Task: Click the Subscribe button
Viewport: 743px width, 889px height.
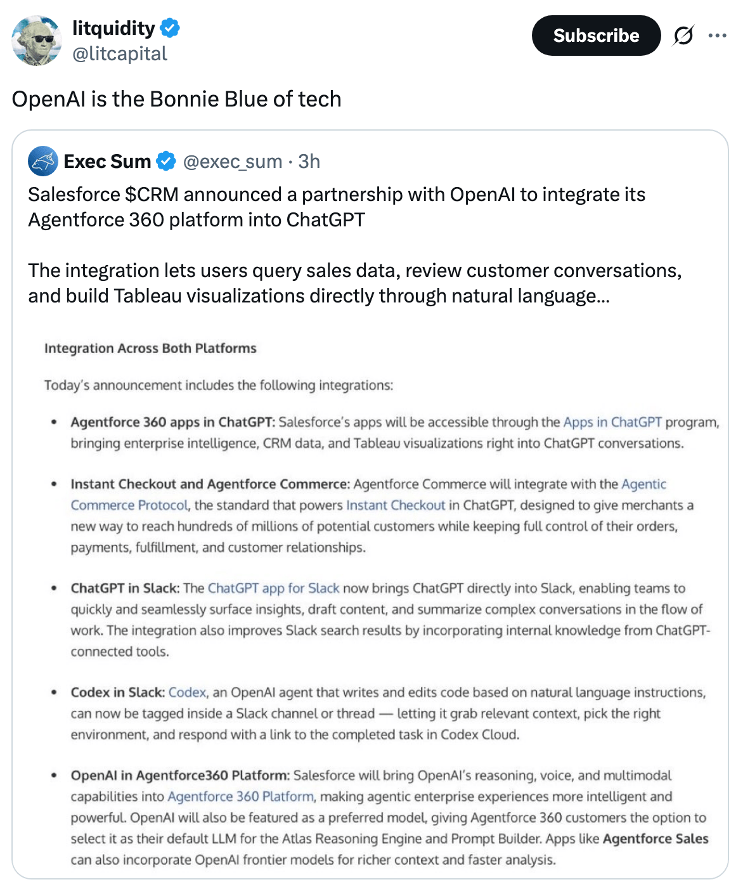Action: click(596, 36)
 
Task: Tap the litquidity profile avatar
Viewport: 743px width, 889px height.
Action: click(36, 41)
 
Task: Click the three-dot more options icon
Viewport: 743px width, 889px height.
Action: click(717, 36)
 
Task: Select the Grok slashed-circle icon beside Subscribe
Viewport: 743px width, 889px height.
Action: click(683, 36)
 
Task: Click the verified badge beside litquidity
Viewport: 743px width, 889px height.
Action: click(170, 28)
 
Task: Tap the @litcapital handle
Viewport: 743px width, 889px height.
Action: click(120, 54)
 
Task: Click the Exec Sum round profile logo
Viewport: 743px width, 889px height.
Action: click(43, 161)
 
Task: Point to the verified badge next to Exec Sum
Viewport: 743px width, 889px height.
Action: click(166, 162)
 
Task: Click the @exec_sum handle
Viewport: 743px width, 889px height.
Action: click(233, 162)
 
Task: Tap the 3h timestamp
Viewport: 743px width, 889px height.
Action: click(309, 162)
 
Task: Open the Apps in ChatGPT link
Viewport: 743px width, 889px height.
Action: click(612, 422)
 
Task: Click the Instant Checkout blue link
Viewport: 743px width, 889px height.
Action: click(396, 505)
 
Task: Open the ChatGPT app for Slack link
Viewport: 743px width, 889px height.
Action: click(273, 588)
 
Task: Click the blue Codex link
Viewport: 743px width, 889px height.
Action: click(188, 692)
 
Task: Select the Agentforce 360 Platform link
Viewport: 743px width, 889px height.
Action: click(240, 796)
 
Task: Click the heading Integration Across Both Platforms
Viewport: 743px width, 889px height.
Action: click(150, 348)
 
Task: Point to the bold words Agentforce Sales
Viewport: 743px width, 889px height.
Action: click(656, 839)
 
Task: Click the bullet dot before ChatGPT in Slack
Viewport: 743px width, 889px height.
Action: click(55, 588)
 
